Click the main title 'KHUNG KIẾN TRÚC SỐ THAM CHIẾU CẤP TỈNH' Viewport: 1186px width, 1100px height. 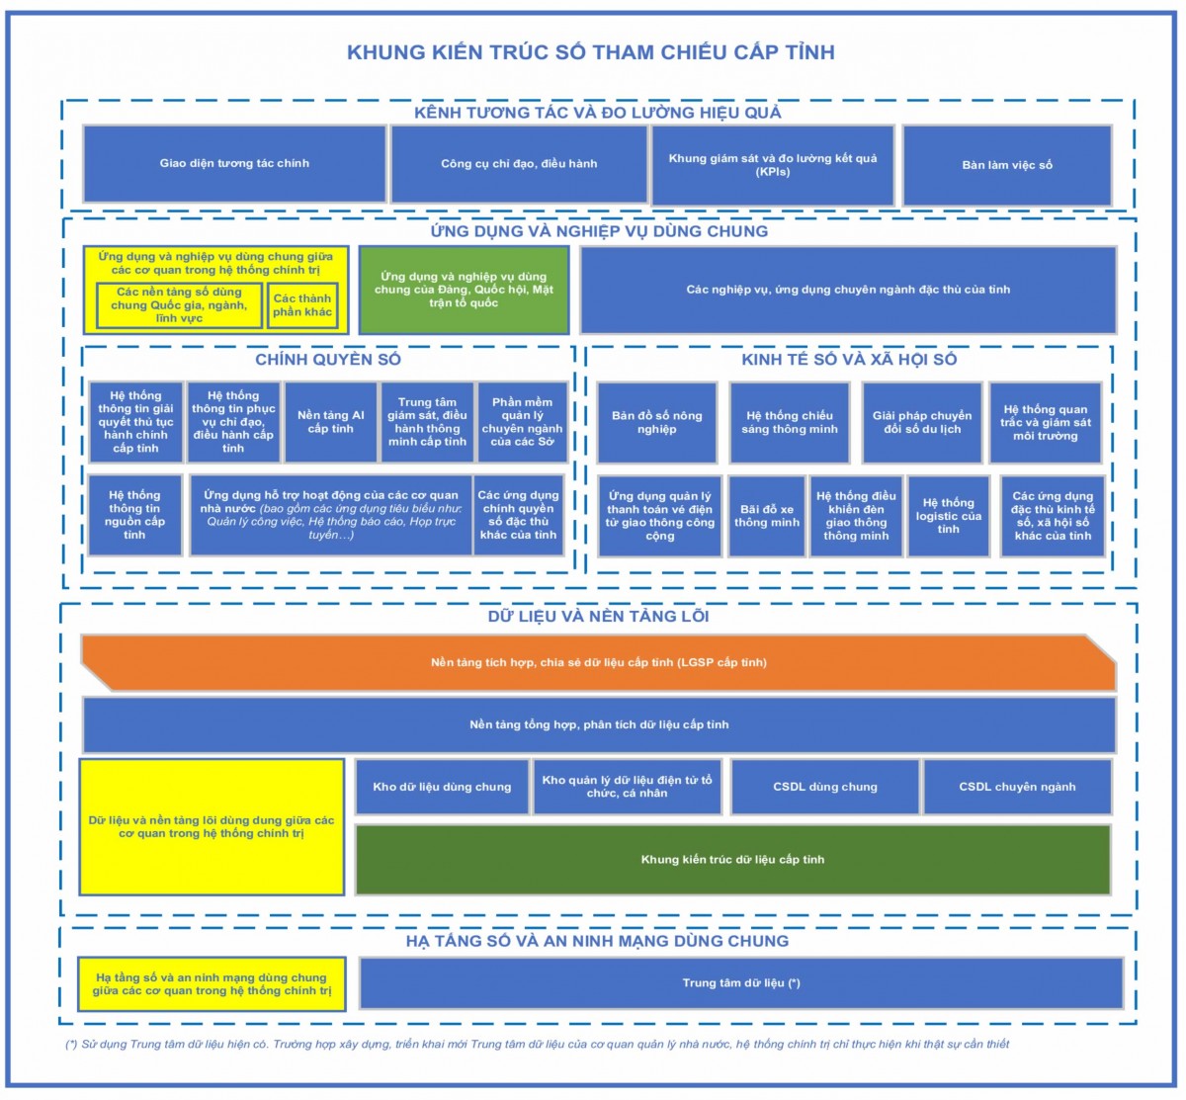(x=590, y=51)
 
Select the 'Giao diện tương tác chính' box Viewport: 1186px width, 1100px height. (x=234, y=164)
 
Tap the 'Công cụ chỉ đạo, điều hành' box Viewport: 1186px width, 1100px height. (x=519, y=164)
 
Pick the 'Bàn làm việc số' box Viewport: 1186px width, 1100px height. (x=1007, y=165)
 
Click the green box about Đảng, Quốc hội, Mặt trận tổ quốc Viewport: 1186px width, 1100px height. (x=464, y=290)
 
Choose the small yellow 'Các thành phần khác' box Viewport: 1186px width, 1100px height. (x=302, y=305)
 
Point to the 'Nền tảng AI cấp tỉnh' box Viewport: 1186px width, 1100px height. (x=330, y=422)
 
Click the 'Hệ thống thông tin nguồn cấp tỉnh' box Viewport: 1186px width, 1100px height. (x=134, y=515)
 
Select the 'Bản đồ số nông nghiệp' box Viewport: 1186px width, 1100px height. (x=656, y=422)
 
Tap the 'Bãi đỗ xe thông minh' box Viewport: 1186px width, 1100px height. (x=766, y=516)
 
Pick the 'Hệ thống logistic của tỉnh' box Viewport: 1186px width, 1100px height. (x=948, y=516)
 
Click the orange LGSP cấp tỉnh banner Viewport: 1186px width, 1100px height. (x=598, y=662)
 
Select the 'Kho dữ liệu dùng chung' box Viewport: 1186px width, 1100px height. (x=442, y=787)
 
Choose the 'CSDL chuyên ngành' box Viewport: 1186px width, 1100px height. (x=1017, y=787)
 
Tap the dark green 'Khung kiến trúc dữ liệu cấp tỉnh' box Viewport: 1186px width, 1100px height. (x=732, y=859)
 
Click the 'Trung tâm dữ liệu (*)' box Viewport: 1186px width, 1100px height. (x=741, y=982)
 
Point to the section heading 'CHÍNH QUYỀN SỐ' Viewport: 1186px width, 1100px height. (x=328, y=360)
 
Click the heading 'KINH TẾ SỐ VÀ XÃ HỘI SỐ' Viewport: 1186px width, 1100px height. (x=849, y=360)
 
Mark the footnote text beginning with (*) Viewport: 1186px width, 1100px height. (x=538, y=1044)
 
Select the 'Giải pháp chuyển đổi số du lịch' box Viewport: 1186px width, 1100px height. (x=922, y=422)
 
